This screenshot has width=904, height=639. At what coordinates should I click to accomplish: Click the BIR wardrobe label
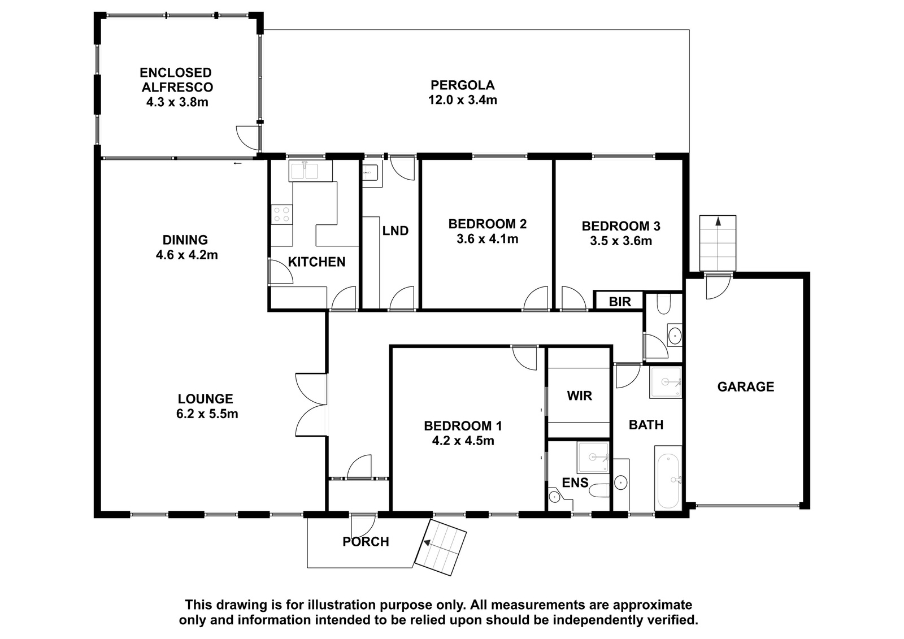tap(619, 302)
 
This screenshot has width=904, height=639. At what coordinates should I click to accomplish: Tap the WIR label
tap(580, 395)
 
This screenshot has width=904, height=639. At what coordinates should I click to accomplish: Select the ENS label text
tap(575, 482)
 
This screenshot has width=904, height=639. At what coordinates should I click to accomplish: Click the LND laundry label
tap(395, 231)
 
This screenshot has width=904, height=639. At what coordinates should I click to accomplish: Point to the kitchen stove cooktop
tap(282, 214)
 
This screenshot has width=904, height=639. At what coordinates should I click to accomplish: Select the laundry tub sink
tap(371, 173)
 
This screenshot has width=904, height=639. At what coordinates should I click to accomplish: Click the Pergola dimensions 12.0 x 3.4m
tap(463, 99)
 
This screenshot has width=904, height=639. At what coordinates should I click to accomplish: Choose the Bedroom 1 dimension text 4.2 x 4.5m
tap(463, 441)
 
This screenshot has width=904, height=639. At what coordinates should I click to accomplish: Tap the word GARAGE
tap(746, 386)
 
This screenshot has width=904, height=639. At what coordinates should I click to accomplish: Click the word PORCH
tap(366, 542)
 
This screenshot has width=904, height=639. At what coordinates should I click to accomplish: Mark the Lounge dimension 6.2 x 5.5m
tap(207, 414)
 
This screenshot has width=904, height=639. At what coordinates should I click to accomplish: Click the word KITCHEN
tap(317, 262)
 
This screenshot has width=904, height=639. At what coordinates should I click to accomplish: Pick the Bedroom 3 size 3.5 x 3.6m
tap(621, 241)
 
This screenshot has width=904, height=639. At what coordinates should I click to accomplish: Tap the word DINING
tap(185, 240)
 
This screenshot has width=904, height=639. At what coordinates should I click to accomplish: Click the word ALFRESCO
tap(177, 87)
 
